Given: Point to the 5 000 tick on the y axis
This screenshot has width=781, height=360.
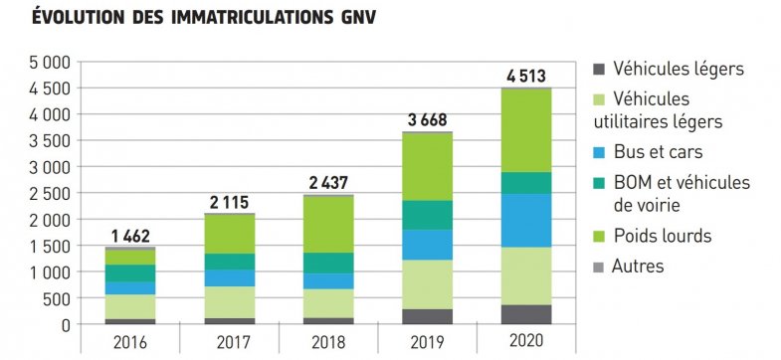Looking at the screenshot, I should click(49, 62).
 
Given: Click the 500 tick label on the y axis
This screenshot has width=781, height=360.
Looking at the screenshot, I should click(56, 298).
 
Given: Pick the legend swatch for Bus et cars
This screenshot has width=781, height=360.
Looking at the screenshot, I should click(597, 154).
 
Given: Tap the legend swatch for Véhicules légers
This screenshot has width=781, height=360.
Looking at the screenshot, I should click(597, 70).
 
